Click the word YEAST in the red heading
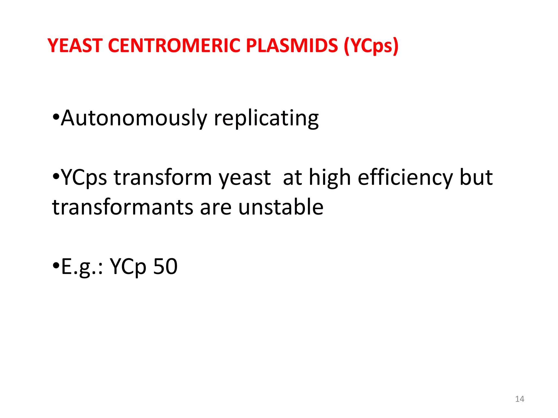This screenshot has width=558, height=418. [x=75, y=45]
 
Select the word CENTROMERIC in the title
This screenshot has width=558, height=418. [x=174, y=45]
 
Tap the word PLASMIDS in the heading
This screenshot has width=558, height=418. [x=292, y=45]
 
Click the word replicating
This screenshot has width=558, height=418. [x=266, y=119]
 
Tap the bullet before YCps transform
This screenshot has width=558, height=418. [x=56, y=177]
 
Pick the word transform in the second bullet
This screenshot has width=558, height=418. [x=163, y=177]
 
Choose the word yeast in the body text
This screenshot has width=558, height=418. [x=245, y=178]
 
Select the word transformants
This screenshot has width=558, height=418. [x=123, y=207]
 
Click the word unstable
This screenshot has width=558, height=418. [x=281, y=207]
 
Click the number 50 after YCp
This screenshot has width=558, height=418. [x=165, y=266]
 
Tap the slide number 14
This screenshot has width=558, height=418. [x=520, y=399]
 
